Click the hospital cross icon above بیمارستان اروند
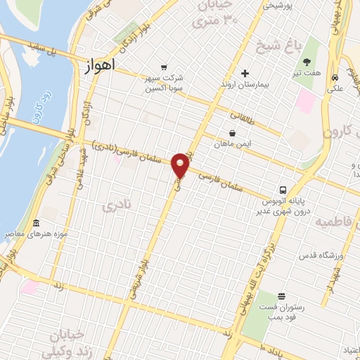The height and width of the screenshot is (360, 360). [x=245, y=73]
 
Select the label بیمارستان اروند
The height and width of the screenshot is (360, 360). [x=246, y=84]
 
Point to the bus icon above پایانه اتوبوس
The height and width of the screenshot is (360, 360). [x=283, y=189]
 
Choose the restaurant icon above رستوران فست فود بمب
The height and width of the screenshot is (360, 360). [x=281, y=296]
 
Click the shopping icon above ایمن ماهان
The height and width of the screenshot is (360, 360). [x=233, y=133]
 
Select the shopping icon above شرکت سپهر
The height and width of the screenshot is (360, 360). [x=164, y=67]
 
